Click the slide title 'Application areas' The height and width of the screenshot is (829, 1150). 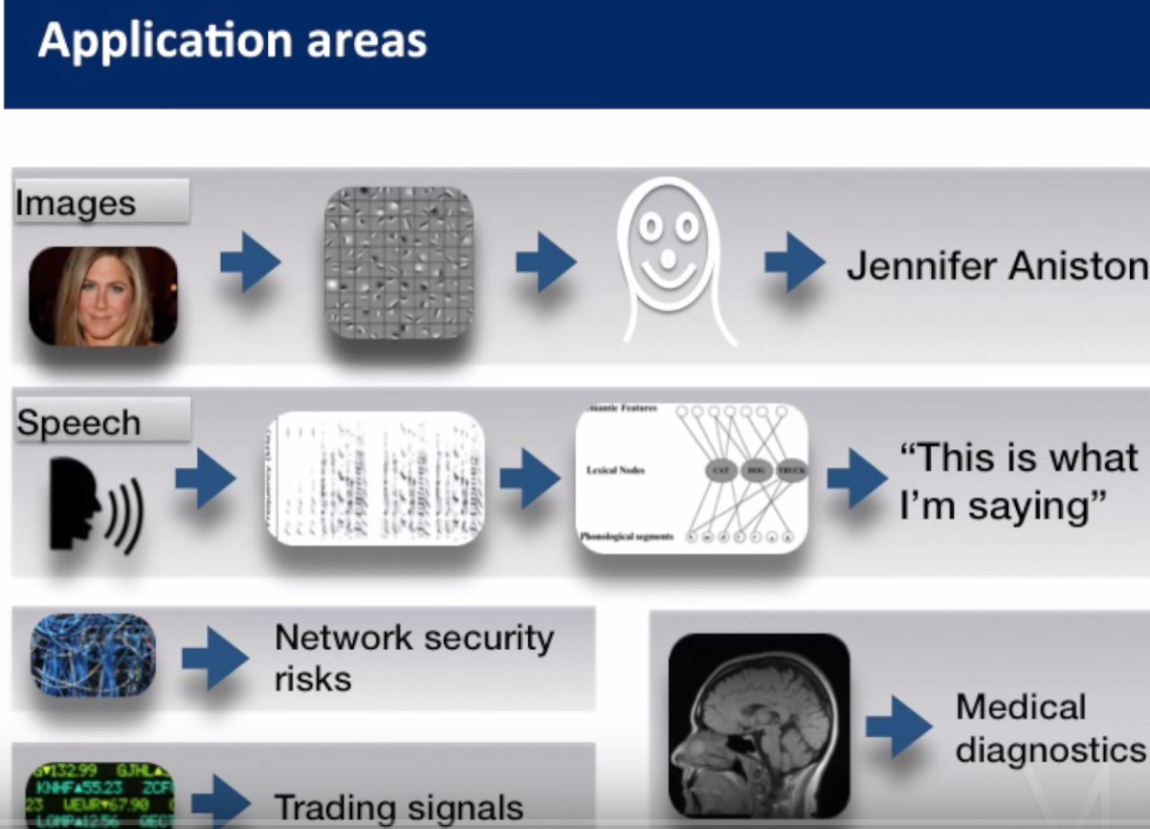coord(232,42)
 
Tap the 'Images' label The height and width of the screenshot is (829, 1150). coord(76,203)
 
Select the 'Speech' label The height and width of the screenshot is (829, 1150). coord(78,422)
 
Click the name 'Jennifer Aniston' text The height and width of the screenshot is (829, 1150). coord(996,265)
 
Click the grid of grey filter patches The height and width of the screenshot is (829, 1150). coord(399,262)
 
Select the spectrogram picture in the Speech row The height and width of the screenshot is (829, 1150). coord(375,479)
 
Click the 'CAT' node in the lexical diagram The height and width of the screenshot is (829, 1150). coord(721,470)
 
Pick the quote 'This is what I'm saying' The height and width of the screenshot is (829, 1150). coord(1017,482)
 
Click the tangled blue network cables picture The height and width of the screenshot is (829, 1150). coord(93,655)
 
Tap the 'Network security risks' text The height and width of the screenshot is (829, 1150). coord(413,658)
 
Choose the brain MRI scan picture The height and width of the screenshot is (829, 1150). coord(759,724)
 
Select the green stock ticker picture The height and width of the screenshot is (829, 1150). coord(99,795)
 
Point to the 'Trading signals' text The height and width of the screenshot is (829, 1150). coord(399,807)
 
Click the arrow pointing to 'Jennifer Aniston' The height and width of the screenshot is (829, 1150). coord(794,262)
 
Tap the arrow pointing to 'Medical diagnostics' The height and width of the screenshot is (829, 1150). coord(898,728)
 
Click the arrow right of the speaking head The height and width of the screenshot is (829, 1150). coord(205,479)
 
